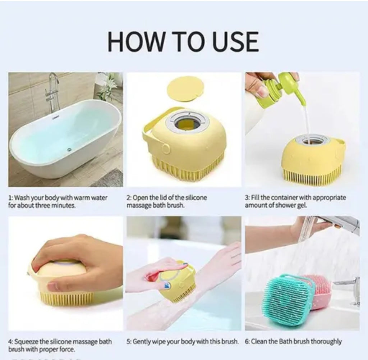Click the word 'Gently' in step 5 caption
(x=142, y=341)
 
